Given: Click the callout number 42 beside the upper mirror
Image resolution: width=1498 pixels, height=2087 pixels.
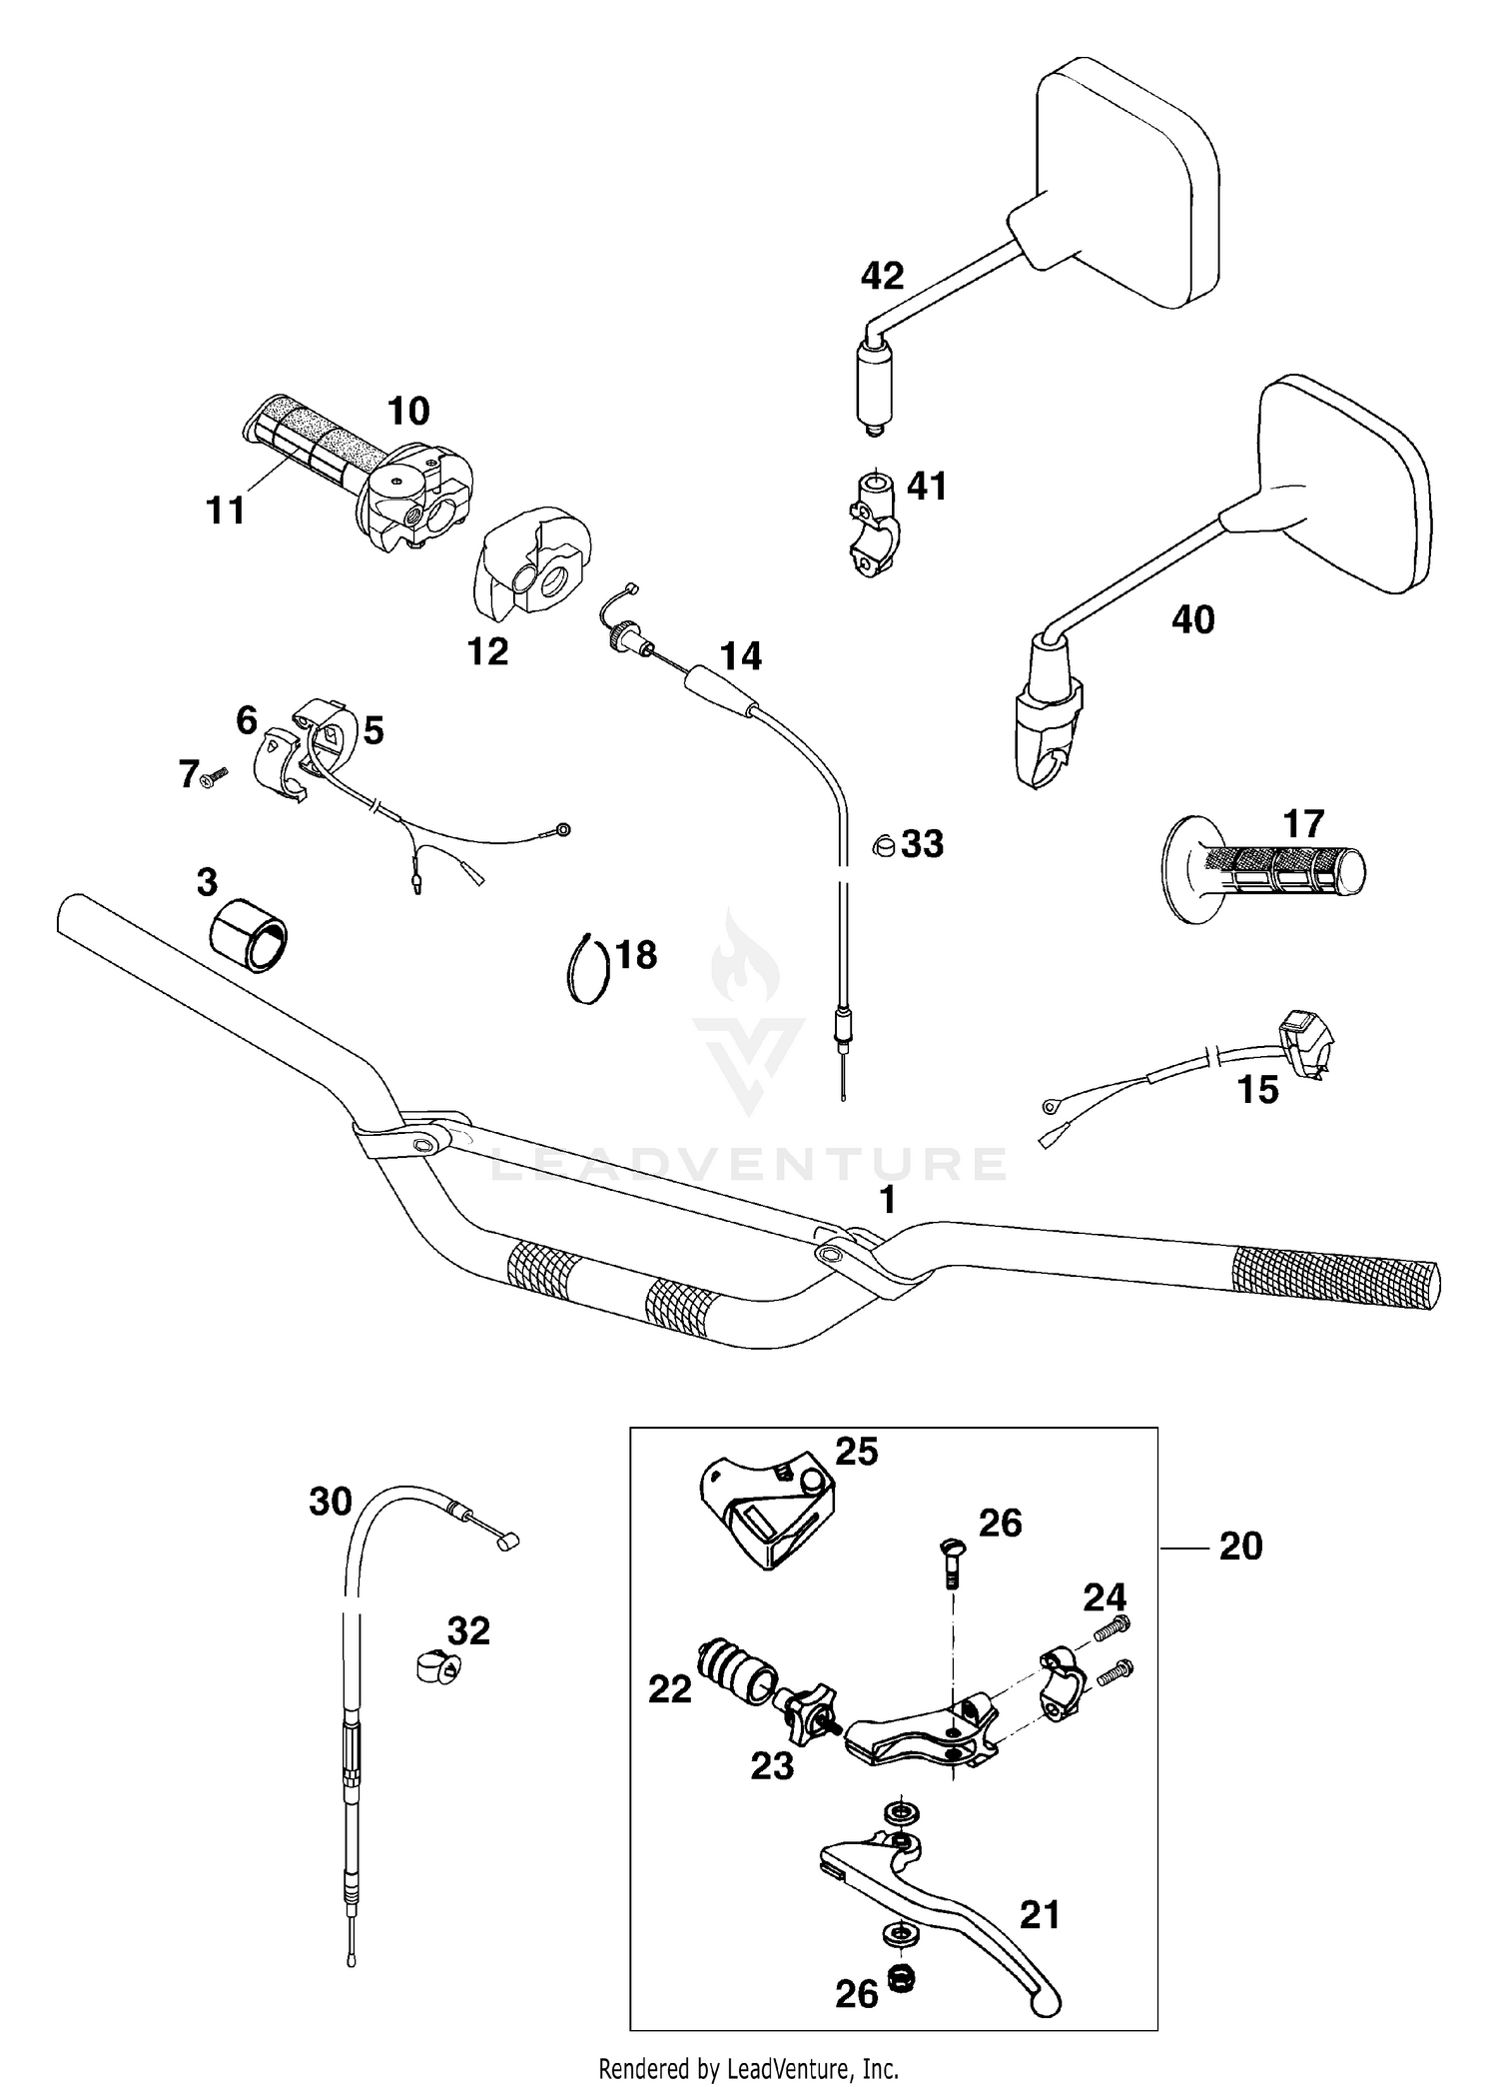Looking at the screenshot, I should point(882,276).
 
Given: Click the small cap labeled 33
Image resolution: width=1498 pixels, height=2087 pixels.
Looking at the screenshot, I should point(883,844).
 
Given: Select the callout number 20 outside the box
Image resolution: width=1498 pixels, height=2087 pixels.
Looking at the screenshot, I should point(1239,1547).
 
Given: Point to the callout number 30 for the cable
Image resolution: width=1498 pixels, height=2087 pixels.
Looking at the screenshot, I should point(331,1502).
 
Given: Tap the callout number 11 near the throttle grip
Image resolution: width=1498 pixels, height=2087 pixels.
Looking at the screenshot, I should point(225,511).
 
